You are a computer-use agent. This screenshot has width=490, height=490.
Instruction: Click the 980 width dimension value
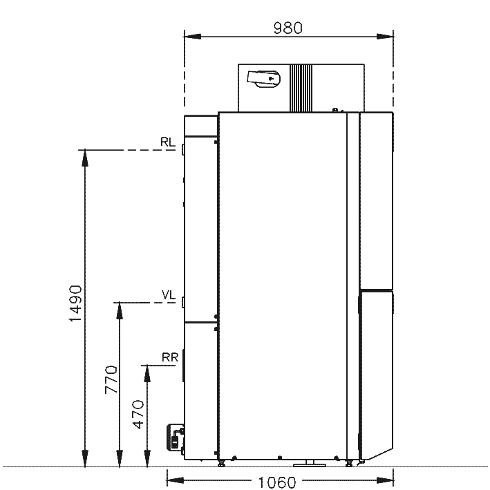pos(288,28)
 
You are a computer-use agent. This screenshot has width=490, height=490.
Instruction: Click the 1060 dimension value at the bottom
pos(277,482)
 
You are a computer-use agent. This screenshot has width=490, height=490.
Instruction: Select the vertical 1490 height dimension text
pos(75,303)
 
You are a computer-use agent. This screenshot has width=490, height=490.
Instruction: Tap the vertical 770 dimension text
pos(111,379)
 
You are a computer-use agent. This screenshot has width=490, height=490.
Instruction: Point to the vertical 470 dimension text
pos(138,415)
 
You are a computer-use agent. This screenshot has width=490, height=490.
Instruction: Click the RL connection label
pos(167,142)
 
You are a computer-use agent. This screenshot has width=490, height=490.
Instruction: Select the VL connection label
pos(169,294)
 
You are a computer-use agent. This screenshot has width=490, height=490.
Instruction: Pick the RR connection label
pos(170,357)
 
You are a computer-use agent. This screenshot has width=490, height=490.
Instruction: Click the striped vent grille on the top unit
pos(301,88)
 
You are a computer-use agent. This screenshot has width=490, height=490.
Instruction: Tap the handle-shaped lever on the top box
pos(263,79)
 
